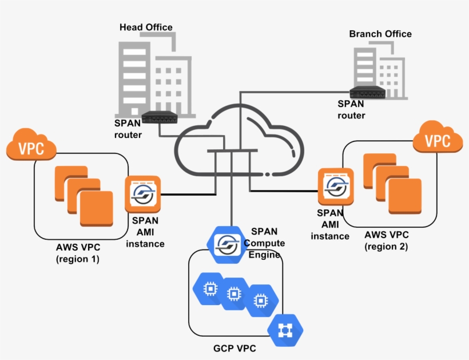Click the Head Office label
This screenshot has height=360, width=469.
[x=146, y=27]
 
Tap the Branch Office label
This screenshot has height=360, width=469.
[x=380, y=34]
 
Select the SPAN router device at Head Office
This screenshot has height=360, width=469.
[x=157, y=117]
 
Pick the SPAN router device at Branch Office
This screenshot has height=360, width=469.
[x=366, y=92]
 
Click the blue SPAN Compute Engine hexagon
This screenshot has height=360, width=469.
[x=226, y=244]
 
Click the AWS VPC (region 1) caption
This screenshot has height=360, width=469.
[x=78, y=253]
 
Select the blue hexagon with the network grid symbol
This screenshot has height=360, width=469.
[x=285, y=330]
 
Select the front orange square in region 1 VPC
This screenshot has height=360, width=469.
[x=96, y=208]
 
